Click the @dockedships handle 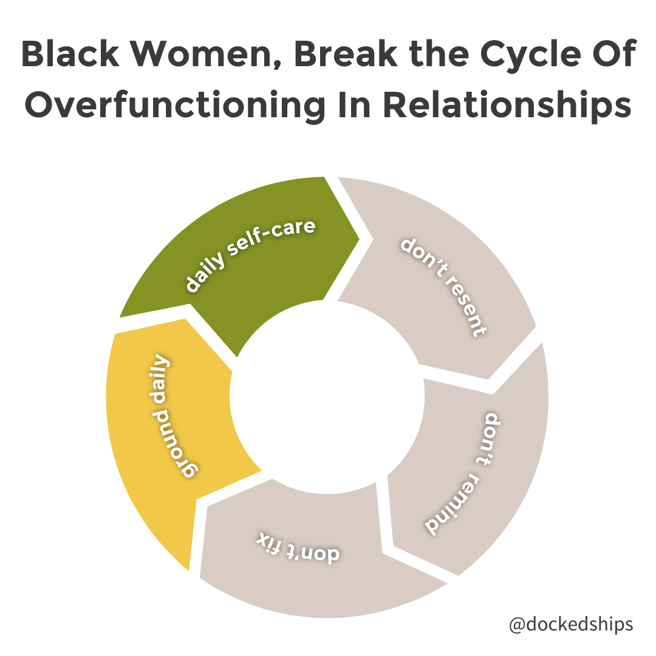571,624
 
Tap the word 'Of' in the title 613,55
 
